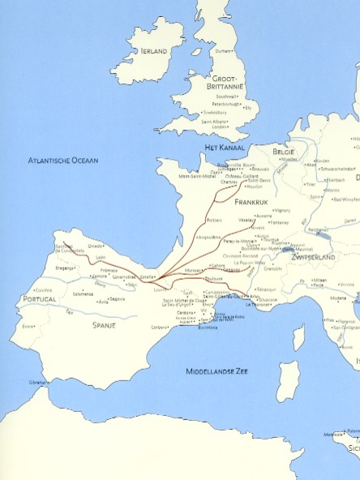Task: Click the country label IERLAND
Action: [153, 50]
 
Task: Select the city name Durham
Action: [224, 50]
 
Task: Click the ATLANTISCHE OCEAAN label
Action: [62, 160]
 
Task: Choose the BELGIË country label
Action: [284, 152]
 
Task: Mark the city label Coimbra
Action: [44, 289]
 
